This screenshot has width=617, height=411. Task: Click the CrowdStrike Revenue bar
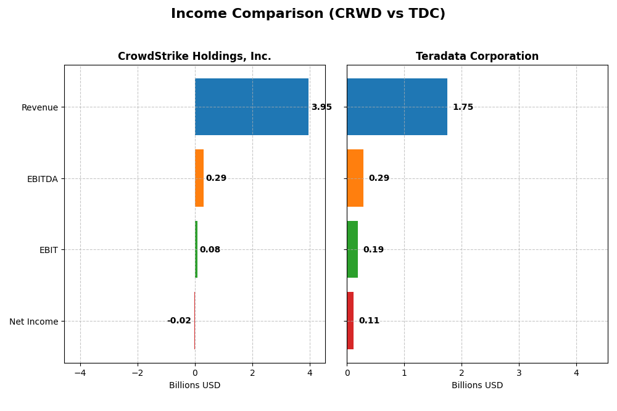[251, 107]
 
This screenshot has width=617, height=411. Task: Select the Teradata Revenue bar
[397, 107]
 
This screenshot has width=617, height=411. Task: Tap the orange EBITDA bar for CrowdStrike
[199, 178]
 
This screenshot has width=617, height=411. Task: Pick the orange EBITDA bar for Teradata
[355, 178]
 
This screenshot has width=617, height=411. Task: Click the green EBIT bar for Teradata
[352, 249]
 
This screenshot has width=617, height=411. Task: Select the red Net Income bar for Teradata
[350, 320]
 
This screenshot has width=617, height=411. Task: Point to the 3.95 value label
[321, 107]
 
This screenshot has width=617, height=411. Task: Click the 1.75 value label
[463, 107]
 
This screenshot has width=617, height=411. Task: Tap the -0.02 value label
[179, 321]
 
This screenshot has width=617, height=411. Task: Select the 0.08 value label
[210, 250]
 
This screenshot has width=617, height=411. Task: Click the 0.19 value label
[373, 250]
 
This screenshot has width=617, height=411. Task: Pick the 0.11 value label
[369, 321]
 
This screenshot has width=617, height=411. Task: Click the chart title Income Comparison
[308, 14]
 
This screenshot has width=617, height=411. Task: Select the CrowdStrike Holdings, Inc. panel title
[194, 57]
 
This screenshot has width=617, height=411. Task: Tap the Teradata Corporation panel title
[477, 57]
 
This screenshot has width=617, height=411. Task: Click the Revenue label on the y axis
[39, 107]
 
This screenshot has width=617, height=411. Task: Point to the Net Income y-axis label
[34, 322]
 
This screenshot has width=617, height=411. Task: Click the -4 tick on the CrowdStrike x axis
[80, 373]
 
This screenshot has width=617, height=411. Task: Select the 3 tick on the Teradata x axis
[519, 373]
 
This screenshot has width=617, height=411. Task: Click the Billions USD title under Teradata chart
[477, 385]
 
